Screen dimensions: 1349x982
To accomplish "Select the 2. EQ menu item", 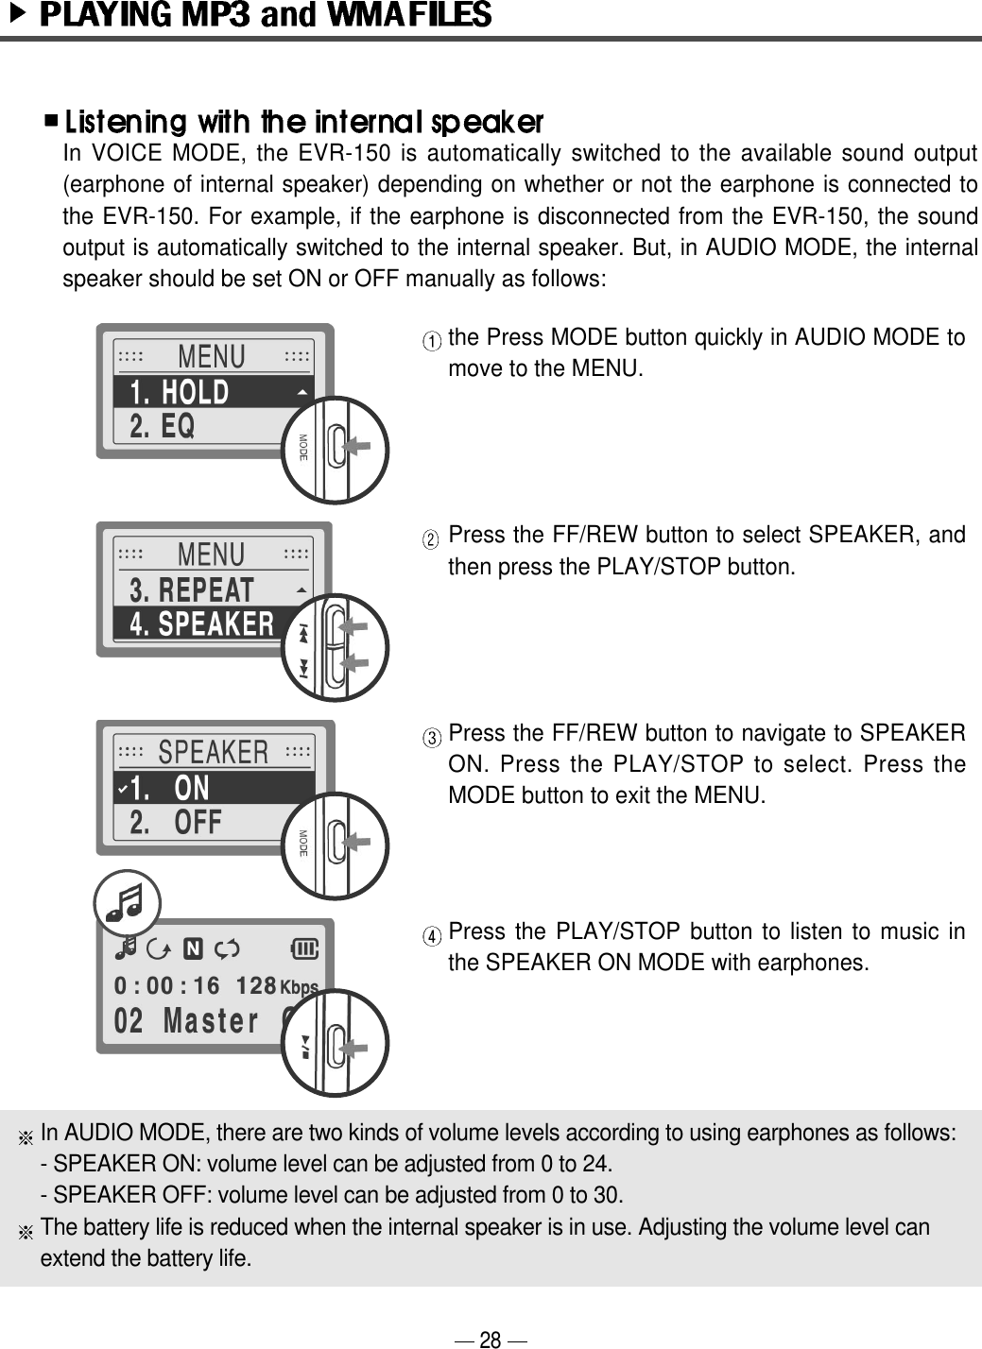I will tap(163, 427).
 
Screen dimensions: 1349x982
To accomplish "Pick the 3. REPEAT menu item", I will tap(192, 590).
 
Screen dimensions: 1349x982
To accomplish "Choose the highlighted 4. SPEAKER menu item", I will tap(202, 624).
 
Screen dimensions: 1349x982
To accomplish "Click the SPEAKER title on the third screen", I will tap(214, 752).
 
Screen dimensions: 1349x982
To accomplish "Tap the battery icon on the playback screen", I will tap(307, 948).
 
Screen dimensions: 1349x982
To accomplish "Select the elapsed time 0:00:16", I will tap(166, 986).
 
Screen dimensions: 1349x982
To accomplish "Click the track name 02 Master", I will tap(185, 1022).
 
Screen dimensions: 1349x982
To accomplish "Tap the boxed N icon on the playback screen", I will tap(194, 948).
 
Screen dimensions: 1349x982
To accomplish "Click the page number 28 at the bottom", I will tap(491, 1339).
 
